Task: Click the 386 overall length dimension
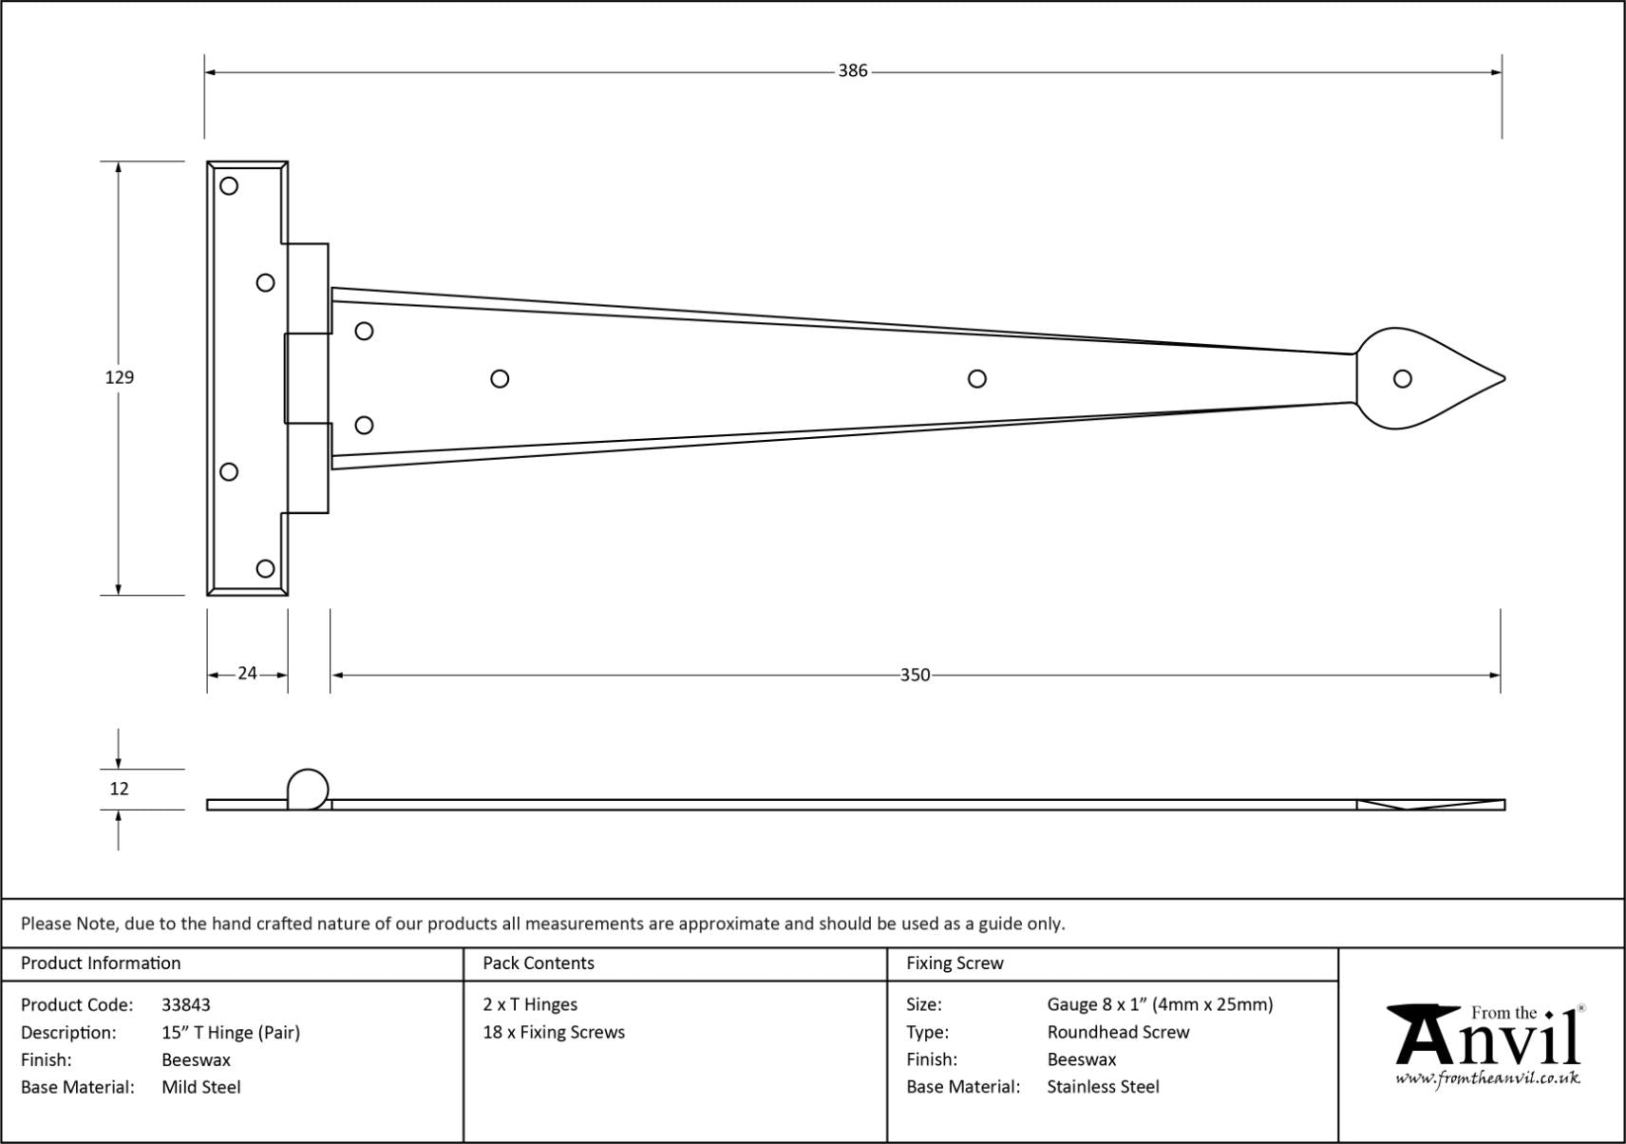tap(852, 71)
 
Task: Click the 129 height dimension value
tap(119, 377)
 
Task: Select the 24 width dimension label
tap(247, 674)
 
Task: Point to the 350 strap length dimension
tap(915, 675)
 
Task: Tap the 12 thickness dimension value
tap(119, 789)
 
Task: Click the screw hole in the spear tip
tap(1402, 379)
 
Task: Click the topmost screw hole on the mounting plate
tap(229, 186)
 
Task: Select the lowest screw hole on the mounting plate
tap(266, 568)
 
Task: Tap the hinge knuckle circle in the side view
tap(308, 789)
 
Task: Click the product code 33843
tap(186, 1004)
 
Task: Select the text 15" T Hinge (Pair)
tap(231, 1032)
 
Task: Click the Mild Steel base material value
tap(201, 1087)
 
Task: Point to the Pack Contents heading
tap(539, 963)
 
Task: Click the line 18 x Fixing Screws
tap(554, 1032)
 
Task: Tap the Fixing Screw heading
tap(955, 963)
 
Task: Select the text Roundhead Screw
tap(1118, 1032)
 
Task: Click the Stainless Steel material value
tap(1103, 1087)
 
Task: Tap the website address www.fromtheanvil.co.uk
tap(1487, 1078)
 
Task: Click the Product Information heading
tap(101, 963)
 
